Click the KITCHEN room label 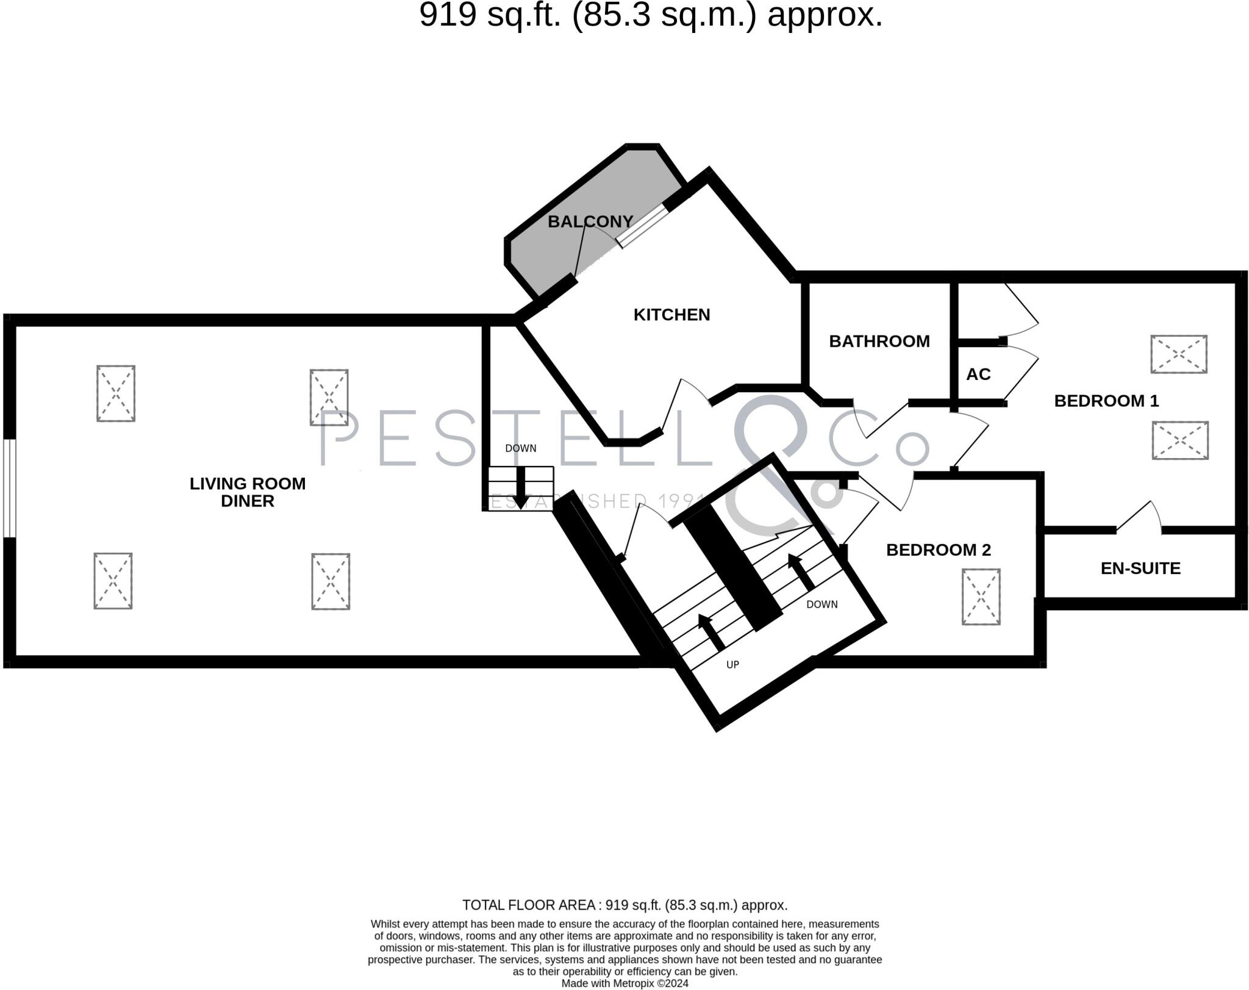pos(671,315)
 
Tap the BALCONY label pos(590,221)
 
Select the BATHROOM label pos(879,341)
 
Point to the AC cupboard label pos(978,374)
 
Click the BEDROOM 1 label pos(1106,401)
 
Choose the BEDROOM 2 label pos(938,550)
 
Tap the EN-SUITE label pos(1140,569)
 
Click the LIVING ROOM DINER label pos(248,492)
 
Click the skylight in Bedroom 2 pos(981,597)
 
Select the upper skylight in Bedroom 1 pos(1178,354)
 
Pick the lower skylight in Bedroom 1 pos(1179,440)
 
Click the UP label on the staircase pos(732,664)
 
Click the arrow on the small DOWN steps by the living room pos(521,487)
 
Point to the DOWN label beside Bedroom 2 pos(821,604)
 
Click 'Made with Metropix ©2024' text pos(624,983)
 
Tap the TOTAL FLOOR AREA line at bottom pos(624,905)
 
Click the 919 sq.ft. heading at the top pos(650,15)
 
